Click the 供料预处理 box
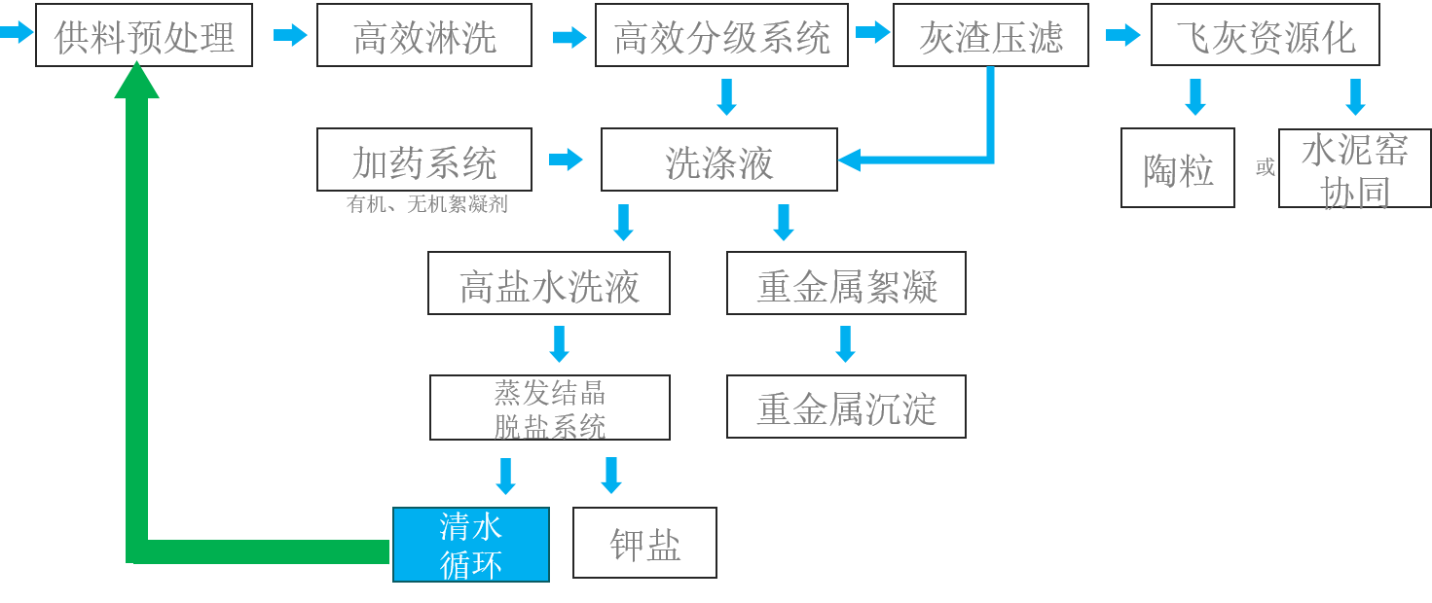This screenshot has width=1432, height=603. click(x=144, y=36)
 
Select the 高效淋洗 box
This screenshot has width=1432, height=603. click(x=424, y=36)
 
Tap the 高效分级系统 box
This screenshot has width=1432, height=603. click(x=721, y=36)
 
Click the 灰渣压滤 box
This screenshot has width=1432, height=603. click(x=990, y=36)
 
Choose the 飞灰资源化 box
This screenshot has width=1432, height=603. click(x=1265, y=36)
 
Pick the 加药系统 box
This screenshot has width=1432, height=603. click(x=424, y=160)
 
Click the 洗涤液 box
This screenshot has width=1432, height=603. click(x=718, y=160)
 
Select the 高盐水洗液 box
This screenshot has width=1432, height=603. click(x=549, y=284)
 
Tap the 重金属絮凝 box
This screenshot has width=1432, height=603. click(x=846, y=284)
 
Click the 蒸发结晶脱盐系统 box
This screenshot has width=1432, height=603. click(x=550, y=408)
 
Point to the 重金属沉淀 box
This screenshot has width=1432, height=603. click(x=846, y=408)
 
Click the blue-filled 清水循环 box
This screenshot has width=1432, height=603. click(x=471, y=545)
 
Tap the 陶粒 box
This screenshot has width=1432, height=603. click(x=1178, y=168)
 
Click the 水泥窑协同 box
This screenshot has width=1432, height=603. click(x=1354, y=168)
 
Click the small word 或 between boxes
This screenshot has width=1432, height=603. click(x=1265, y=168)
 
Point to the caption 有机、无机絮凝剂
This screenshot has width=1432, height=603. click(x=425, y=205)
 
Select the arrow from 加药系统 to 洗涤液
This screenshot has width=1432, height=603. click(x=566, y=160)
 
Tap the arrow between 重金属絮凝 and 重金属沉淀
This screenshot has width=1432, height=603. click(x=845, y=344)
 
